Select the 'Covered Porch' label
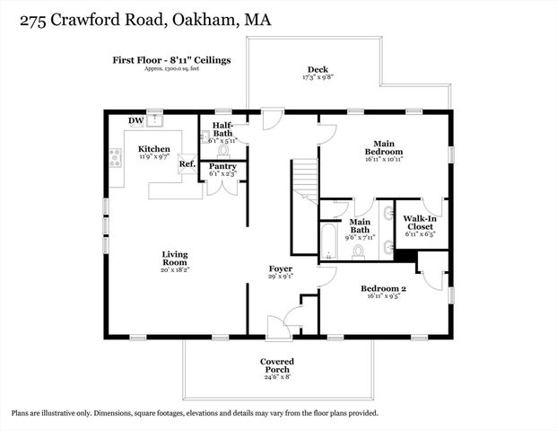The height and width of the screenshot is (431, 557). (x=277, y=366)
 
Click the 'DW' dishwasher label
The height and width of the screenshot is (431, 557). (x=135, y=120)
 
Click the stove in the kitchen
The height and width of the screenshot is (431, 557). (x=115, y=158)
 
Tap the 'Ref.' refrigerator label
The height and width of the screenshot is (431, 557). (x=187, y=163)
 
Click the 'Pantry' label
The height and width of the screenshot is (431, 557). (x=222, y=167)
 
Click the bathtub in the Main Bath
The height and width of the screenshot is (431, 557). (x=328, y=240)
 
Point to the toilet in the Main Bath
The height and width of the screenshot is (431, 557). (x=359, y=251)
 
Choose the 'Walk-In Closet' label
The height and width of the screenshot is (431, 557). (x=420, y=223)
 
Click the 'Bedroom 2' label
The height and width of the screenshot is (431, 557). (x=384, y=288)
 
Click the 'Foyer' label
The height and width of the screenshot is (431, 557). (x=280, y=268)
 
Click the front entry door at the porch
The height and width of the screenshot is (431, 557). (x=279, y=330)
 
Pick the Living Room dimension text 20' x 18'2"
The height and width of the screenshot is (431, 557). (x=175, y=269)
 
